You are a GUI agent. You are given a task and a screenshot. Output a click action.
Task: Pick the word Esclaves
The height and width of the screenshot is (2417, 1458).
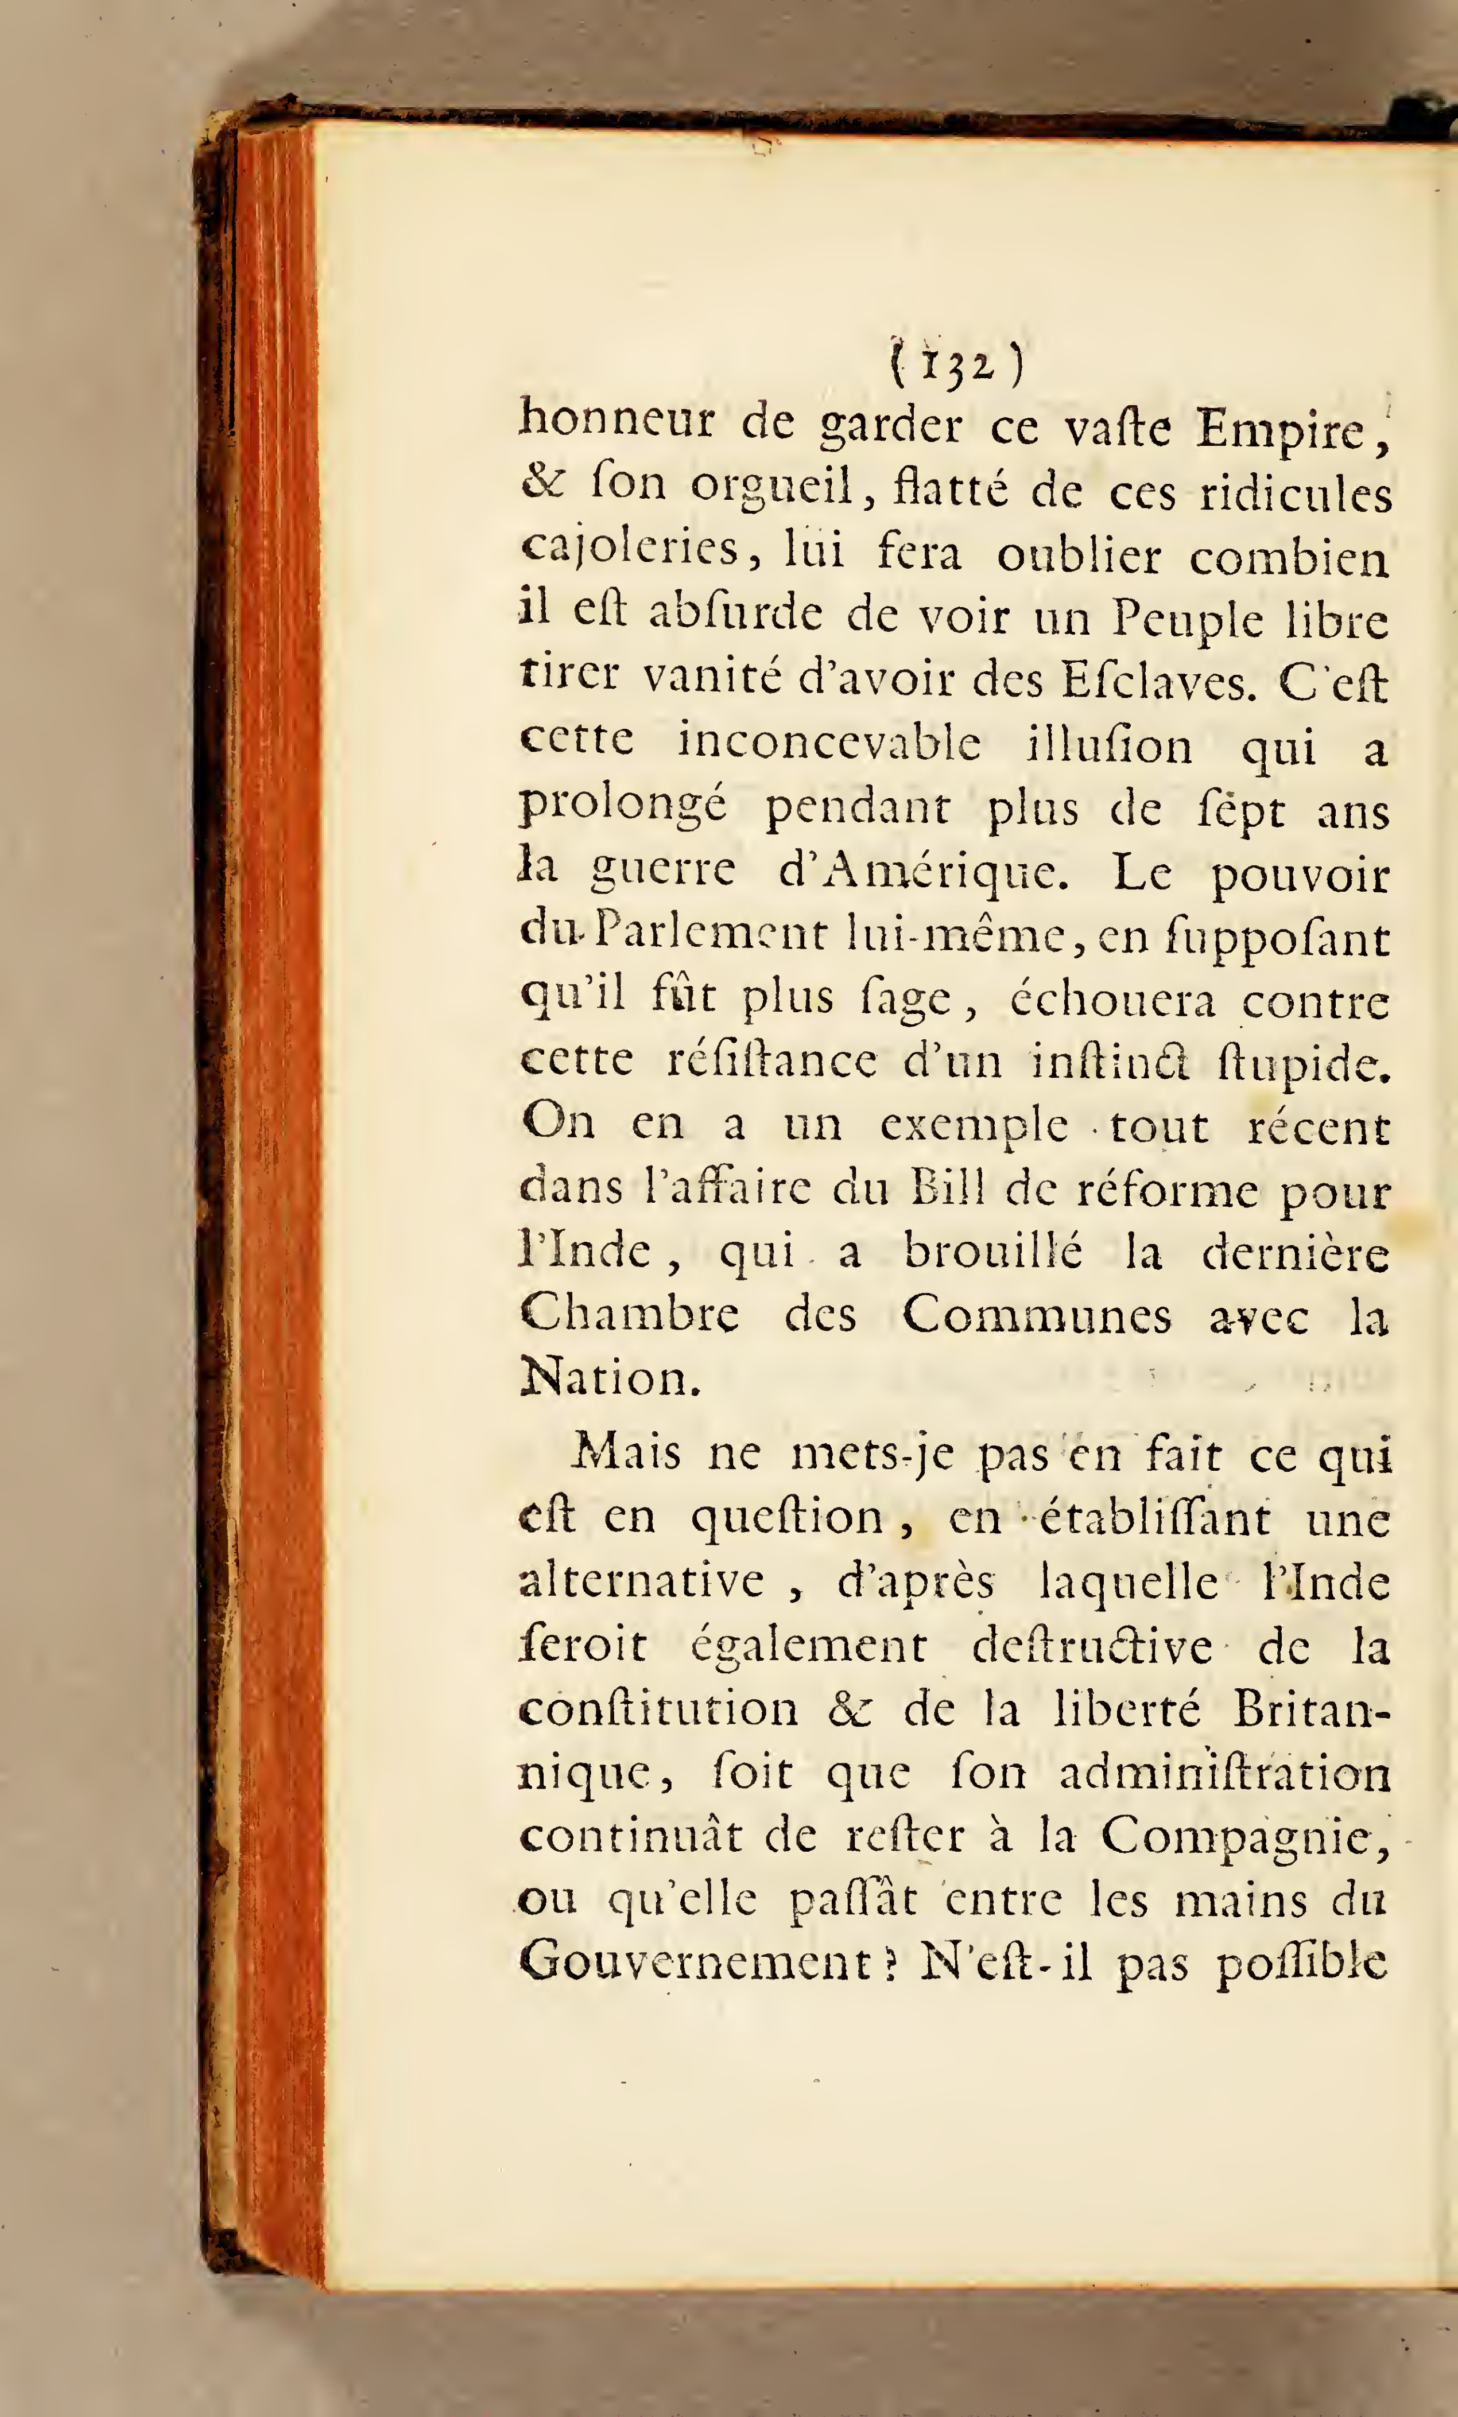1159,681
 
